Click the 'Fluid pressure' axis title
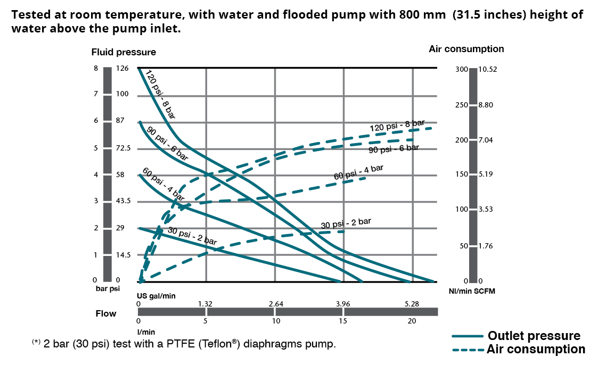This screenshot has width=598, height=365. click(124, 52)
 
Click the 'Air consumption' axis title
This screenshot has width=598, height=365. click(466, 49)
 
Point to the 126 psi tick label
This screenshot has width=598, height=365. click(122, 68)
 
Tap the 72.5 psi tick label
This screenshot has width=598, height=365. click(123, 148)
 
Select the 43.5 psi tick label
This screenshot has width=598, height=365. click(123, 201)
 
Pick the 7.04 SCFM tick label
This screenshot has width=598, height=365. click(487, 140)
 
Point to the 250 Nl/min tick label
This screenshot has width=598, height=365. click(462, 105)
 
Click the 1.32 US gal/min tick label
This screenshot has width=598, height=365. click(206, 304)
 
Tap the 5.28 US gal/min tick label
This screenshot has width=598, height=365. click(412, 304)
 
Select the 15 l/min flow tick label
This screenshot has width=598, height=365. click(342, 321)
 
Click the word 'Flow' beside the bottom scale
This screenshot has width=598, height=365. click(106, 313)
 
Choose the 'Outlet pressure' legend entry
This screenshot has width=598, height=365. click(534, 336)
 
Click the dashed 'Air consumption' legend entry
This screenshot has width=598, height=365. click(535, 349)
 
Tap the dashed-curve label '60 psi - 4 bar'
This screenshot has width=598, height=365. click(358, 172)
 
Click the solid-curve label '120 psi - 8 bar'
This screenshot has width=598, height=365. click(160, 94)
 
